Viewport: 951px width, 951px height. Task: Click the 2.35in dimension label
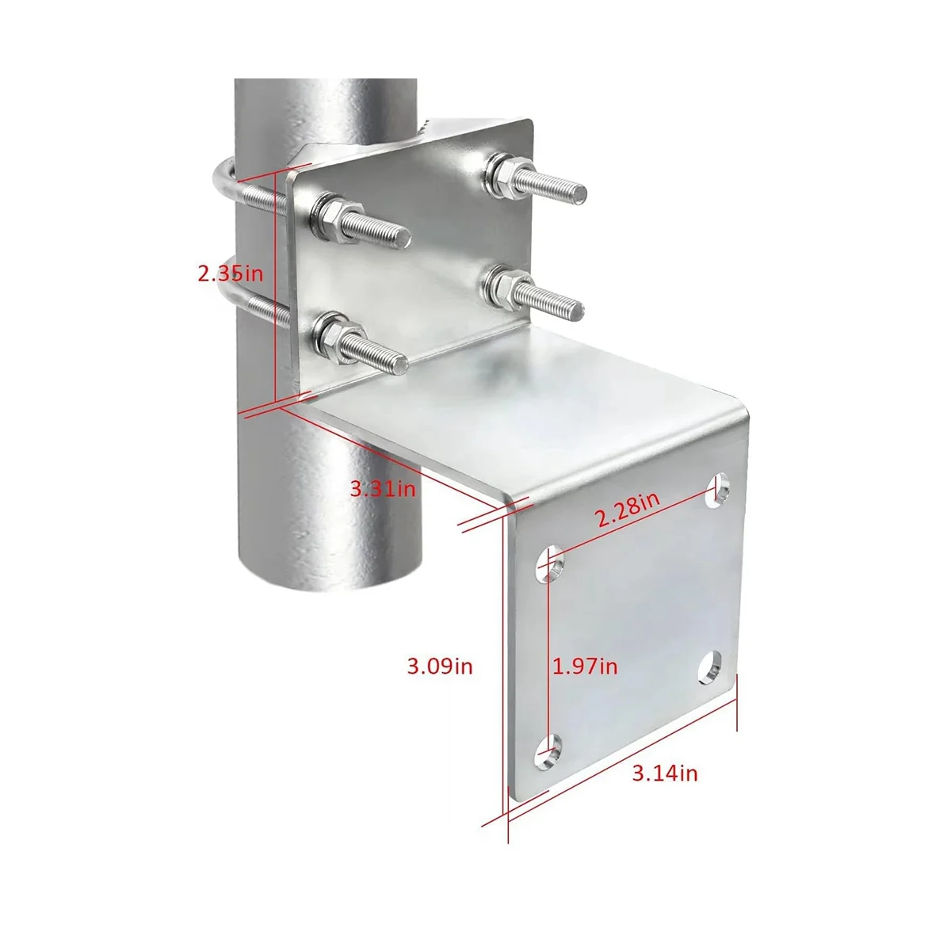(x=231, y=273)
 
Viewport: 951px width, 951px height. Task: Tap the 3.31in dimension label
(x=383, y=489)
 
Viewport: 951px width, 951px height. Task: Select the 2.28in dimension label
(x=627, y=509)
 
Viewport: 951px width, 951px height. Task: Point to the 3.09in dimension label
(x=440, y=666)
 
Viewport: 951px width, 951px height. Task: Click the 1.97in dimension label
(x=584, y=666)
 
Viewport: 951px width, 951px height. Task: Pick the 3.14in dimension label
(x=665, y=787)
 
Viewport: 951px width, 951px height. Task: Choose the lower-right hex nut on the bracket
(x=506, y=289)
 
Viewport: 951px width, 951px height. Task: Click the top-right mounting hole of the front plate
(x=716, y=490)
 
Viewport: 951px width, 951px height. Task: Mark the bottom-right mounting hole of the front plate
(x=710, y=669)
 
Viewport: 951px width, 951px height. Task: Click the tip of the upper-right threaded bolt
(x=579, y=193)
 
